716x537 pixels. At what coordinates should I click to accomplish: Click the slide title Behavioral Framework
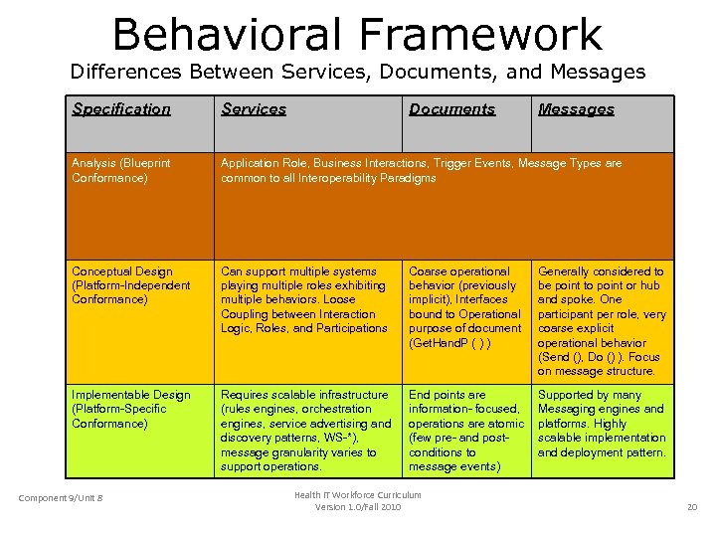click(357, 34)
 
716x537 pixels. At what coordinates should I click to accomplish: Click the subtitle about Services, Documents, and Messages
click(357, 72)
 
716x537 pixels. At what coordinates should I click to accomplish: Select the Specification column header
click(121, 109)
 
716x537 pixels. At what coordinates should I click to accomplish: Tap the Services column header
click(254, 109)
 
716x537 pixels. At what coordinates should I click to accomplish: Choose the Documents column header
click(451, 109)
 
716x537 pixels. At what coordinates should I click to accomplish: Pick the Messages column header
click(576, 109)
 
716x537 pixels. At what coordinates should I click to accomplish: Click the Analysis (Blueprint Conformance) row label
click(121, 170)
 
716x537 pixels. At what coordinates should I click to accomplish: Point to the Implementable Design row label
click(130, 409)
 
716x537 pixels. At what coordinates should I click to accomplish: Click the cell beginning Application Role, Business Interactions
click(421, 170)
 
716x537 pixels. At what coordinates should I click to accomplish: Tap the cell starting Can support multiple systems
click(304, 299)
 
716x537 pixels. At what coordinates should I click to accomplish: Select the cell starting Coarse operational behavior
click(464, 306)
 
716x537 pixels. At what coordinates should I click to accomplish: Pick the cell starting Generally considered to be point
click(602, 320)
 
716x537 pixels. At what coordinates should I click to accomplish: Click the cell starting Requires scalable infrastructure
click(304, 430)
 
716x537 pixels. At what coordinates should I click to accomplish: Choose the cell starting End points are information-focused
click(464, 430)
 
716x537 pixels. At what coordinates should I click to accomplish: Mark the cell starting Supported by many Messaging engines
click(602, 423)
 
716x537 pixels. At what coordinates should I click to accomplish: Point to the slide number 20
click(692, 508)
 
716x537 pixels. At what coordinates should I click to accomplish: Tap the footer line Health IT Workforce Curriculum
click(357, 495)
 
